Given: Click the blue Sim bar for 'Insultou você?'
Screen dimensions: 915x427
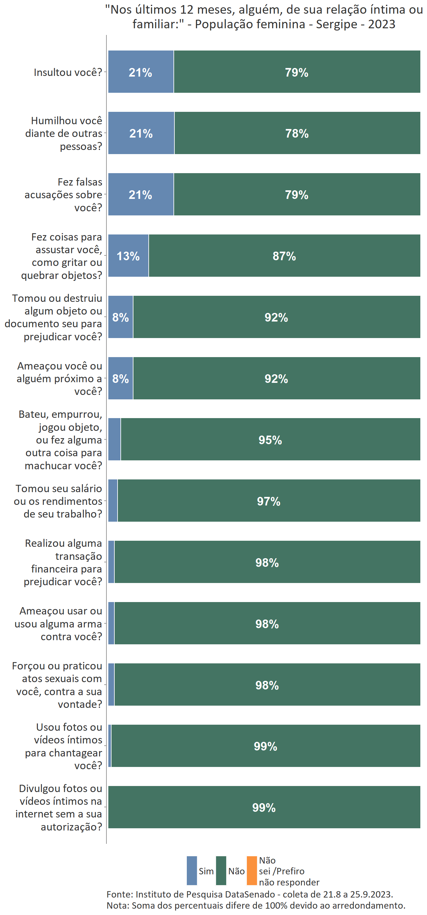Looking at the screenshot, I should [141, 72].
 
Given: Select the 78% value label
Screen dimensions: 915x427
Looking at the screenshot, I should [297, 133].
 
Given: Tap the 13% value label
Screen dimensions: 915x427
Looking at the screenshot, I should [128, 256].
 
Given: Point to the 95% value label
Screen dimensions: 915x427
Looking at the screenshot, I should [270, 440].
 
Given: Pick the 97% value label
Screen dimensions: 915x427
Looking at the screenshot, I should [268, 502].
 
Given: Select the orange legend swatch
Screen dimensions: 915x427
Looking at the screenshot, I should [252, 871].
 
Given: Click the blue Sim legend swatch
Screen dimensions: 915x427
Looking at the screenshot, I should [192, 871].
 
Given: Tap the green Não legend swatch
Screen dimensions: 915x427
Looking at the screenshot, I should [221, 871].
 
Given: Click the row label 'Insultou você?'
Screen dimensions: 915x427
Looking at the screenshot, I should [68, 72].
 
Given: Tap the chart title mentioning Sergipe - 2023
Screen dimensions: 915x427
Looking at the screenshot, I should [264, 17].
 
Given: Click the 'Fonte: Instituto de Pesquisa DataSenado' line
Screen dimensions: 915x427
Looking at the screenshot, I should [250, 894].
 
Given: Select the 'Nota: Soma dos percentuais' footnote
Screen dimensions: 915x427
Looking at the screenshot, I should [256, 905].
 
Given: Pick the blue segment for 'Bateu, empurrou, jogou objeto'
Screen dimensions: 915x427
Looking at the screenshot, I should [114, 439].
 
